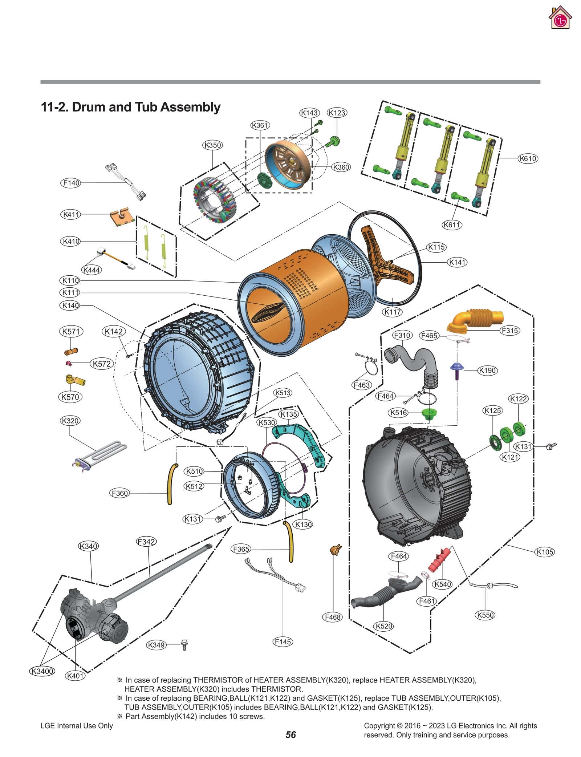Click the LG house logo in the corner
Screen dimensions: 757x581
(560, 18)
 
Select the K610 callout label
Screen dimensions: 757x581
(527, 158)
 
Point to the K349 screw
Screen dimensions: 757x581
(184, 645)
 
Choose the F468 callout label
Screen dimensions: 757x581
(332, 617)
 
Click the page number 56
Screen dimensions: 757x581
(290, 734)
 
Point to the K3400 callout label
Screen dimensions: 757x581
(42, 671)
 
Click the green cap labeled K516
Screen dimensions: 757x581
(428, 414)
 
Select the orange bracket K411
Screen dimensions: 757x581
(120, 216)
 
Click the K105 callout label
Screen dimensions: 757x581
(545, 552)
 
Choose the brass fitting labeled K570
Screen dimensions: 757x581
(75, 380)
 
